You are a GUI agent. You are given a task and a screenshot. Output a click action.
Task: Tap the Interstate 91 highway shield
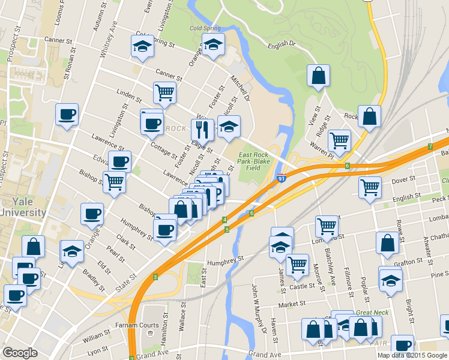[282, 177]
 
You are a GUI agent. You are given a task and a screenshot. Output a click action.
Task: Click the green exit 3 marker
[155, 277]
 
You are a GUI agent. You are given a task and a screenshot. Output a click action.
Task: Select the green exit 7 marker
[430, 146]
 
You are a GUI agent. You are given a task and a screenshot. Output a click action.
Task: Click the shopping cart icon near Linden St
[164, 93]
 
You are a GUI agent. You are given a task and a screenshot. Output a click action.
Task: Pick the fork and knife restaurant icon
[202, 128]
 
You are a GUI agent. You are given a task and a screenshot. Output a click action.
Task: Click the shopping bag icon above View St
[318, 76]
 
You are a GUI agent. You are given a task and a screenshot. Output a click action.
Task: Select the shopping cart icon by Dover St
[370, 187]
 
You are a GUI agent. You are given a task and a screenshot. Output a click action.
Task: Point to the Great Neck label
[372, 313]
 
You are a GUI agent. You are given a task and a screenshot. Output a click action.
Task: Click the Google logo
[20, 353]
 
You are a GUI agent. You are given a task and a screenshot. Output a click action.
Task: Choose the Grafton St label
[408, 262]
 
